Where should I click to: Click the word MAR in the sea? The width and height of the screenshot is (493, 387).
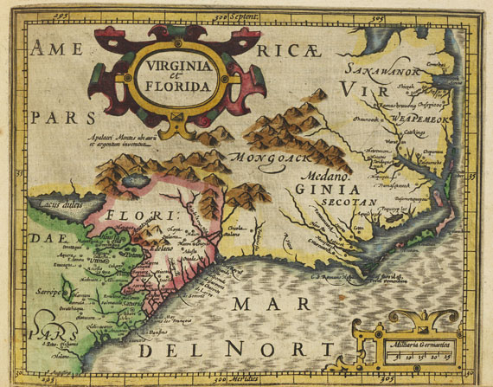(x=268, y=305)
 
